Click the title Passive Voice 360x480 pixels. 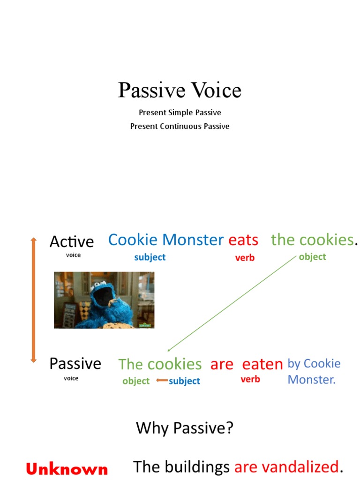[180, 90]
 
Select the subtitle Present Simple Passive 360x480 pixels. [180, 112]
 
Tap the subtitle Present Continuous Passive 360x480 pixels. [180, 126]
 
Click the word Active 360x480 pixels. [72, 241]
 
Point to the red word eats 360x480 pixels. [243, 240]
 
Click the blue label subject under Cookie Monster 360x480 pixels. [150, 257]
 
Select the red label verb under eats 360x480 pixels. [245, 257]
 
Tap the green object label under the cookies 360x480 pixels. [312, 256]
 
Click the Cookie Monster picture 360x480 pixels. [104, 300]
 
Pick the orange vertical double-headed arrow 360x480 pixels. [33, 300]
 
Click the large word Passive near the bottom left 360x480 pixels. [75, 363]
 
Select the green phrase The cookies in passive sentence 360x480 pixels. [160, 364]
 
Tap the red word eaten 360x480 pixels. [262, 364]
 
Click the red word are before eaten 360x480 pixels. [222, 364]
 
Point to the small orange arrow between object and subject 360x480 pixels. [162, 381]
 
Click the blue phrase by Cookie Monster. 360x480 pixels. [314, 371]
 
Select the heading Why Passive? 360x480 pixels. [184, 427]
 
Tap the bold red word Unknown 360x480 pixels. [67, 469]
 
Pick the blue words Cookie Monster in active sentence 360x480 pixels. [165, 240]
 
